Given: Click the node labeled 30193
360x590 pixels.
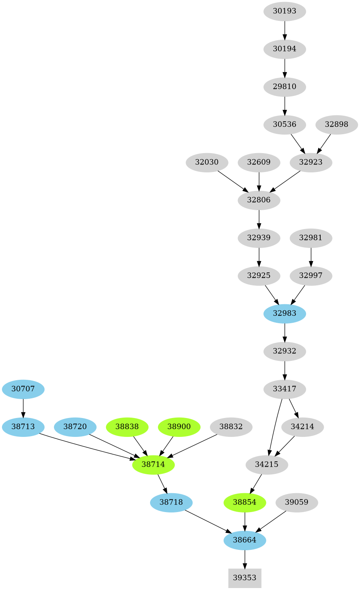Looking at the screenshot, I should click(x=284, y=11).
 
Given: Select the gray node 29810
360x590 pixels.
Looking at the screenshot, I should click(x=284, y=87).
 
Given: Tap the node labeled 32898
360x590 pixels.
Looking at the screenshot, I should click(x=336, y=124).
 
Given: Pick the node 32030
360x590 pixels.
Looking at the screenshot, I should click(x=207, y=162).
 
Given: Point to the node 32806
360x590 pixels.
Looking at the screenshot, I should click(x=259, y=200).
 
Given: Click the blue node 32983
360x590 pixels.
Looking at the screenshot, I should click(x=284, y=313).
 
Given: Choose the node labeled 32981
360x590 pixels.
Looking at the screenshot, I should click(x=311, y=238).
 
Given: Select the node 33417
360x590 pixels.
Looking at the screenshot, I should click(x=284, y=389).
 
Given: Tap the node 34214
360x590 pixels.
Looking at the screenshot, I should click(x=302, y=427).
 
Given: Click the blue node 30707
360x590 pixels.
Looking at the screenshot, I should click(x=23, y=389).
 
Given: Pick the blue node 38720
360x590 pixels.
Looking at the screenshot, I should click(x=75, y=427).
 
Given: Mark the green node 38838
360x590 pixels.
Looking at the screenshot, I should click(x=127, y=427).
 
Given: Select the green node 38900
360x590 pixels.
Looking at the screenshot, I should click(x=179, y=427).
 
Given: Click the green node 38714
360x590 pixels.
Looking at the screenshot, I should click(x=153, y=464).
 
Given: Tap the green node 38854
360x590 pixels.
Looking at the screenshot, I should click(x=245, y=502).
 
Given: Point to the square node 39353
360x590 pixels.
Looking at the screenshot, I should click(x=245, y=578).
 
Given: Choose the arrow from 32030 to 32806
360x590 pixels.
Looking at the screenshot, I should click(x=233, y=181).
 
